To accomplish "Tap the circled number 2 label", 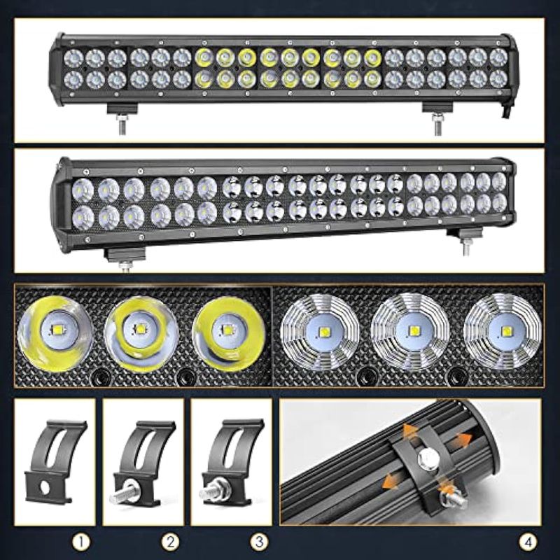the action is point(170,542).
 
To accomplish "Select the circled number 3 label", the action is point(259,542).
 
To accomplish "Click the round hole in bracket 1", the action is point(45,488).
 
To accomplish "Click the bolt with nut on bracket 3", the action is point(214,491).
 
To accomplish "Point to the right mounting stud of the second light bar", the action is point(465,246).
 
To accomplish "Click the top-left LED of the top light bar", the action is point(73,59).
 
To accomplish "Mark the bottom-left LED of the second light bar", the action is point(83,218).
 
